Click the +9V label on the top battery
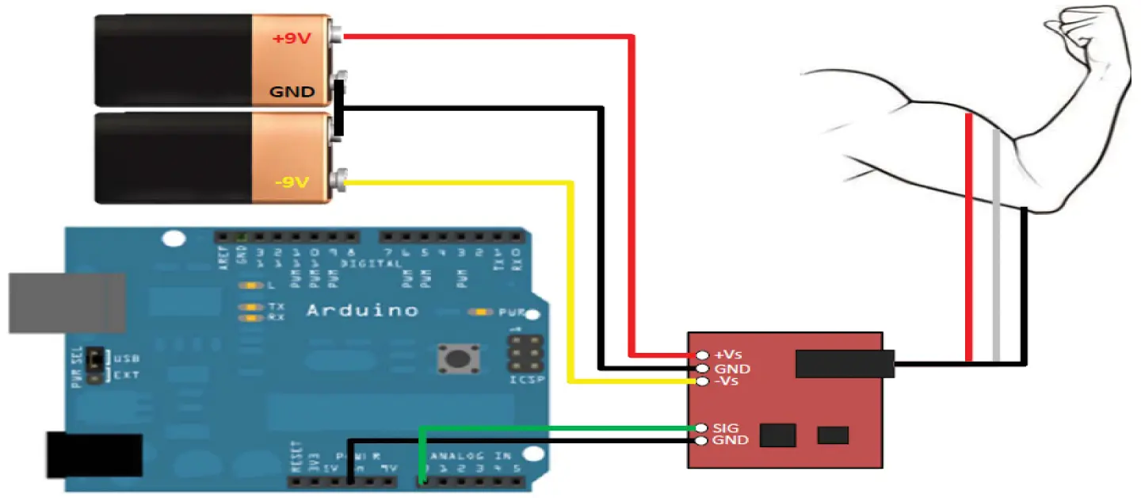click(292, 37)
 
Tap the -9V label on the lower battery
click(290, 183)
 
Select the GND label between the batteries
click(292, 92)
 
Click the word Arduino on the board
click(362, 310)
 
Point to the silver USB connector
click(67, 303)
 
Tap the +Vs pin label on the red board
click(728, 354)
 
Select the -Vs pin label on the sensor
click(726, 382)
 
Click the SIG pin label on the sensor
click(726, 427)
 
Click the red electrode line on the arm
click(969, 238)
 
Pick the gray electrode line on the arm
click(996, 246)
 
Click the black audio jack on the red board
click(845, 364)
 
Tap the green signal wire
click(555, 428)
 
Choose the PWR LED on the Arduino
click(481, 312)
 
